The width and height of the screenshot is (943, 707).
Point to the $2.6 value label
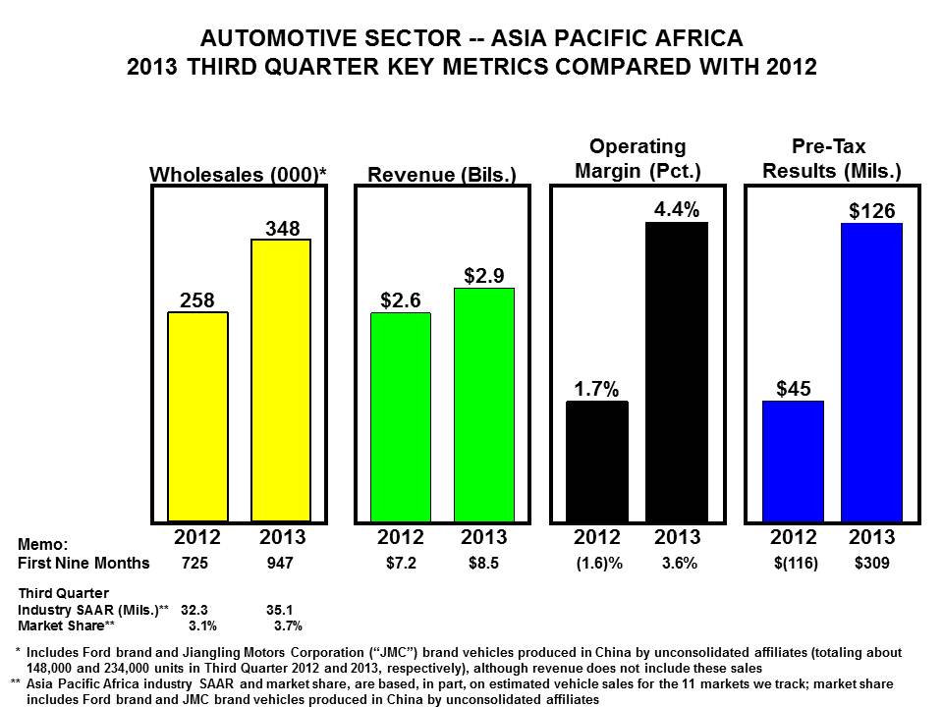pos(401,300)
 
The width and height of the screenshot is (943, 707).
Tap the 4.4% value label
pos(677,210)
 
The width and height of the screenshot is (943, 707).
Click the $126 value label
pos(872,211)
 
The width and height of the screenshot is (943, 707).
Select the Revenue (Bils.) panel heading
pos(442,175)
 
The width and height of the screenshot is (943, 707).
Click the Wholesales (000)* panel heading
pos(238,175)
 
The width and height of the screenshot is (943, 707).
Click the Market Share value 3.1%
pos(201,625)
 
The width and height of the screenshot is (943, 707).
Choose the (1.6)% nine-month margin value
pos(596,564)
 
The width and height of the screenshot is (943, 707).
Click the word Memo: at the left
pos(43,544)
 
